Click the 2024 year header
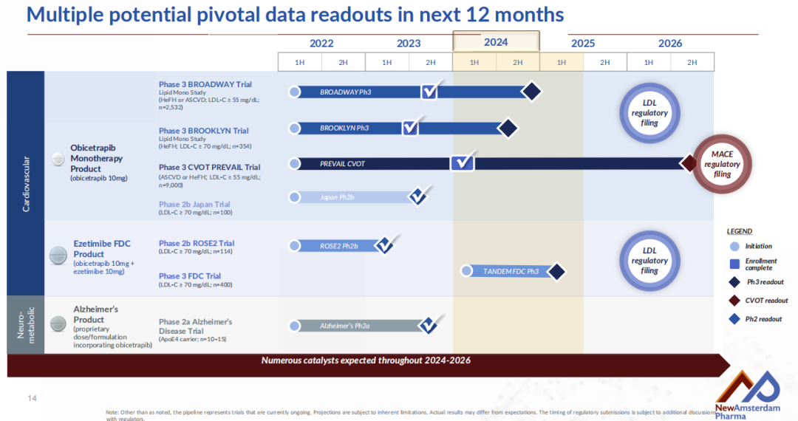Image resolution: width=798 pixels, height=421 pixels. pyautogui.click(x=496, y=42)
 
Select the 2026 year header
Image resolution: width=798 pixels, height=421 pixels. pyautogui.click(x=670, y=44)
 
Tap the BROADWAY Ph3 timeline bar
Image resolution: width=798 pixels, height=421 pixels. pyautogui.click(x=355, y=92)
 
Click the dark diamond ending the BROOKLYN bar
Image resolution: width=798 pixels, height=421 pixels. pyautogui.click(x=507, y=129)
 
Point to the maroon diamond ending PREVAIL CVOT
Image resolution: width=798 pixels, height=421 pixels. pyautogui.click(x=689, y=163)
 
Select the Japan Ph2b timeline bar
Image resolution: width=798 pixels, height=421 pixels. pyautogui.click(x=347, y=197)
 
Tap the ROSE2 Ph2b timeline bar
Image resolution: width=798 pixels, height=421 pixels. pyautogui.click(x=336, y=246)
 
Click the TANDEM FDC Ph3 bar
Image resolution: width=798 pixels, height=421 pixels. pyautogui.click(x=510, y=271)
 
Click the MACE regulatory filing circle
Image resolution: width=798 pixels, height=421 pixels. pyautogui.click(x=722, y=164)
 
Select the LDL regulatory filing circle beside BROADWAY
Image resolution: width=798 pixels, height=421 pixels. pyautogui.click(x=649, y=113)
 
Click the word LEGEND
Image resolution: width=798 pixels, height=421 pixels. pyautogui.click(x=739, y=231)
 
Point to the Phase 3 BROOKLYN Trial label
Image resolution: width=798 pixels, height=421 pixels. pyautogui.click(x=203, y=131)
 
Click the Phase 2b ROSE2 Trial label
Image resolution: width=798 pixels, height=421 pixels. pyautogui.click(x=197, y=243)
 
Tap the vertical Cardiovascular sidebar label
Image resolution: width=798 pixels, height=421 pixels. pyautogui.click(x=26, y=183)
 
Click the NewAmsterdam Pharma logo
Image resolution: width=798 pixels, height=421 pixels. pyautogui.click(x=746, y=395)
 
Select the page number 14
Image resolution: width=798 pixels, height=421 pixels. pyautogui.click(x=32, y=399)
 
